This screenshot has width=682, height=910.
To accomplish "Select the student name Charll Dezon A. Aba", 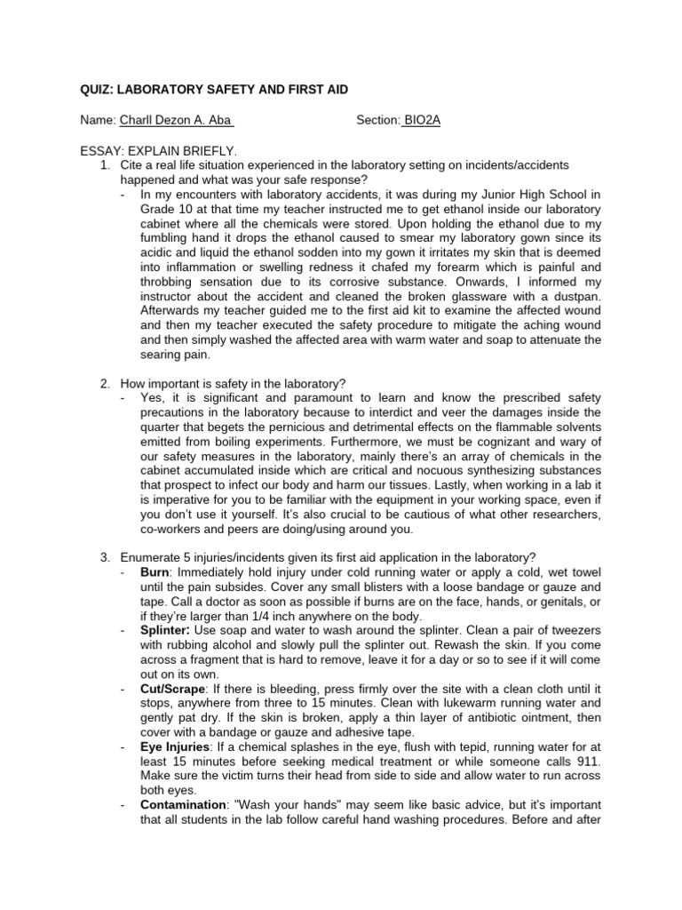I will pos(177,120).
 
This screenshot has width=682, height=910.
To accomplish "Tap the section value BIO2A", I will pos(421,120).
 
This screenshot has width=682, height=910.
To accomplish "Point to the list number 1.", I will pos(105,165).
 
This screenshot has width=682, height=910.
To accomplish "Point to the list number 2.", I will pos(105,383).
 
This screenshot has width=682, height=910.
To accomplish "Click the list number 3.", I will pos(105,557).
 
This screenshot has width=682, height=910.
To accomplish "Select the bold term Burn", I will pos(155,572).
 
